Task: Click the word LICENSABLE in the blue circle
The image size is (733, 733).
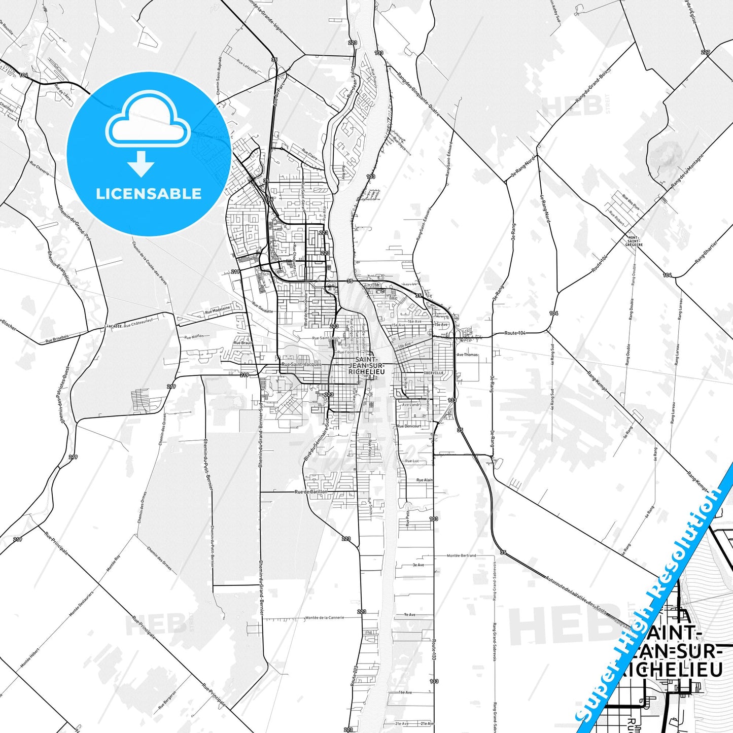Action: pos(149,194)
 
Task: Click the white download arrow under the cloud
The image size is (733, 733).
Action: pos(141,164)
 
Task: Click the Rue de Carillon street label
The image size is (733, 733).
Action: pos(311,492)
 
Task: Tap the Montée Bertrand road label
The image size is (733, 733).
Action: pos(461,555)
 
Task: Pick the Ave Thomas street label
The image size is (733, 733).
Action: pos(467,355)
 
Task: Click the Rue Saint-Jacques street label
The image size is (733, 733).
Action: pos(301,364)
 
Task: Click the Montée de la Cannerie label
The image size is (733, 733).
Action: pos(325,618)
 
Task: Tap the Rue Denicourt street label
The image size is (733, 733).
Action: pos(409,426)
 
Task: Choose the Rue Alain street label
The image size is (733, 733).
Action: pos(424,480)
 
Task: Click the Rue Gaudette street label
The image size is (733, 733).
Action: pos(262,311)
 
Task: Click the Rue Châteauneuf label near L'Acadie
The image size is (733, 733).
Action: pos(138,324)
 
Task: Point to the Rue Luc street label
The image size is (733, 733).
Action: pos(412,461)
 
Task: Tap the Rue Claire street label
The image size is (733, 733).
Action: pos(309,154)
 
